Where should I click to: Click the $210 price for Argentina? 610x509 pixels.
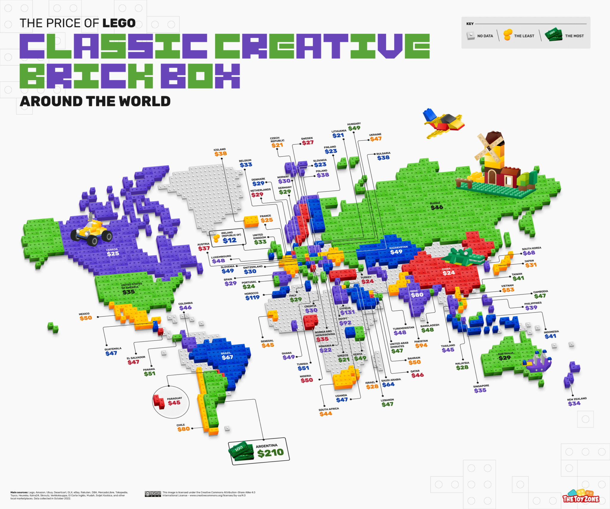pos(270,453)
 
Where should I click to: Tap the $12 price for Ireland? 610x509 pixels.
pos(229,240)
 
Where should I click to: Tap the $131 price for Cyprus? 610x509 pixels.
pos(347,312)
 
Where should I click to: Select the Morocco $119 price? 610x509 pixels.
pos(252,297)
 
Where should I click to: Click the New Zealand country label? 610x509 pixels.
pos(577,399)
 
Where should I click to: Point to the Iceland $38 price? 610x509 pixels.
pos(220,154)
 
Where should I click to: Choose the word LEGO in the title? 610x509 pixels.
pos(119,23)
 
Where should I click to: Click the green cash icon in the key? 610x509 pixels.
pos(553,35)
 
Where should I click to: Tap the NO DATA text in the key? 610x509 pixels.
pos(485,36)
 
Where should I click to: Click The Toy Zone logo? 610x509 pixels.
pos(581,496)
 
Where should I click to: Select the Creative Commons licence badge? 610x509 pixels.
pos(153,494)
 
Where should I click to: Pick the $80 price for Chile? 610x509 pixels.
pos(183,429)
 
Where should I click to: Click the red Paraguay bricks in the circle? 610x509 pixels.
pos(159,401)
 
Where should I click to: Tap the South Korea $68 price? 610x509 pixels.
pos(529,253)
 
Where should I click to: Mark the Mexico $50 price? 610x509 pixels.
pos(85,318)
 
